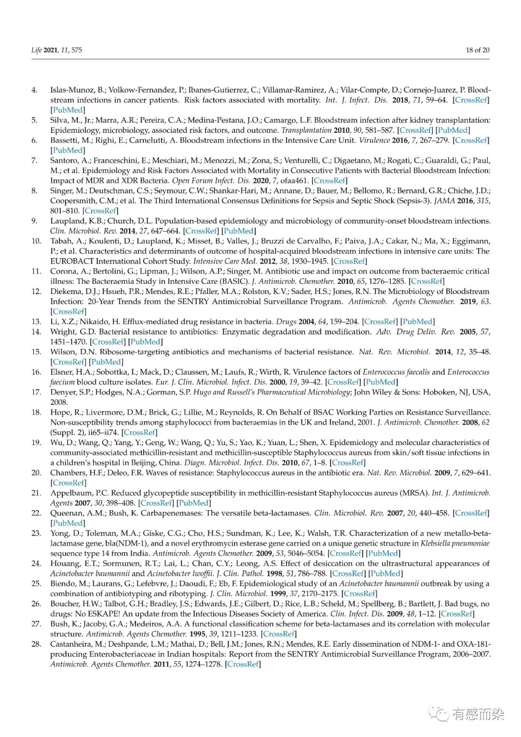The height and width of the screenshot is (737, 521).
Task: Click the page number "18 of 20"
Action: pos(477,50)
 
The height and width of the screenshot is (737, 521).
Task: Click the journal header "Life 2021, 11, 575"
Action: pos(56,50)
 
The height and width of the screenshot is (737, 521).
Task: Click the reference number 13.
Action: pos(36,321)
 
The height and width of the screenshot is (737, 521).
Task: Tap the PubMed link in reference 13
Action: pos(418,321)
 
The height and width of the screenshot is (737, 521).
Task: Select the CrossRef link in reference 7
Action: pos(329,181)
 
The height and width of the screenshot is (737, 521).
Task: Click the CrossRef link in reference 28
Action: pos(243,664)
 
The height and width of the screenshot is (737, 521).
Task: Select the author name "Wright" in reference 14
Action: pos(62,332)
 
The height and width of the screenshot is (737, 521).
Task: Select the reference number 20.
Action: pos(36,473)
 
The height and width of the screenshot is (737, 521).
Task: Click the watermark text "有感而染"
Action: pos(479,714)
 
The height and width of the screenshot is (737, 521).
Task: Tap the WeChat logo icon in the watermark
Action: pos(439,713)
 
